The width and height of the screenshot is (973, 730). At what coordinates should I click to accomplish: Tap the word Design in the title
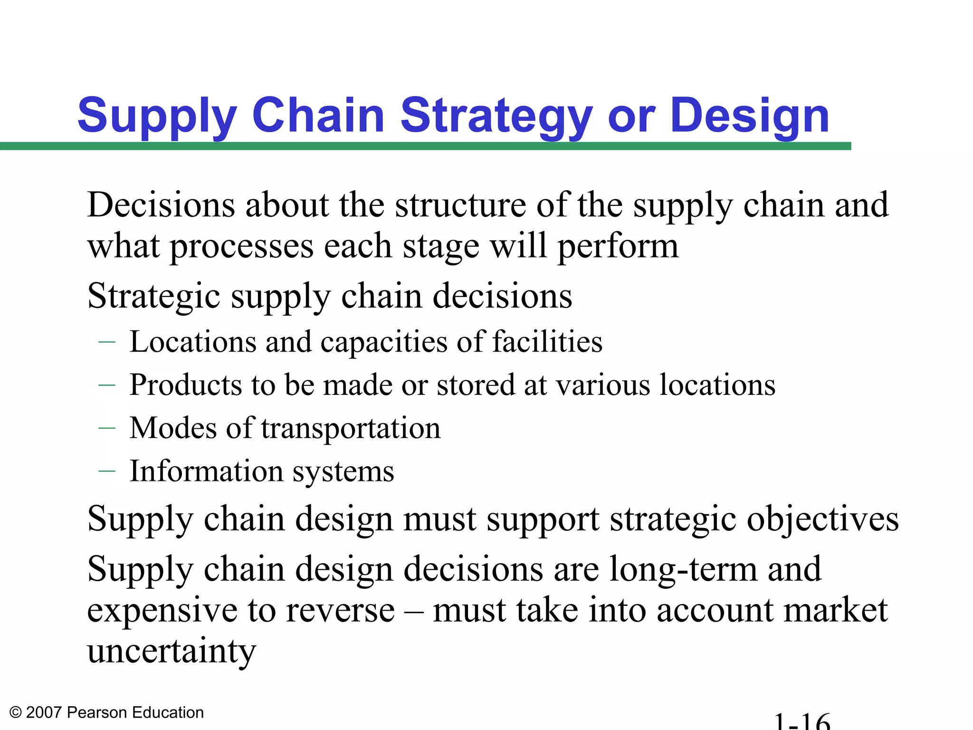(751, 115)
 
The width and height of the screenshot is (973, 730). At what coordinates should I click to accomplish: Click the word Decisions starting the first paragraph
(161, 205)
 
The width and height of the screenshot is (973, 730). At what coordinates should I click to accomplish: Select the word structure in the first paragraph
(460, 205)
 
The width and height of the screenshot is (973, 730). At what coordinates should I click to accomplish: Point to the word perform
(618, 247)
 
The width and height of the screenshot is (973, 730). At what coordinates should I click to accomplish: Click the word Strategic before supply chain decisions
(153, 297)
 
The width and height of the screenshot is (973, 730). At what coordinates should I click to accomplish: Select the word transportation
(351, 428)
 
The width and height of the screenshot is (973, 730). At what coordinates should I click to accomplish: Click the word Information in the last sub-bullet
(206, 471)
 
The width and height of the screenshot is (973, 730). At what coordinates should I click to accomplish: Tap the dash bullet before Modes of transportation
(107, 428)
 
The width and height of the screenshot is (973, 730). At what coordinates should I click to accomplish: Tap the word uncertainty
(172, 651)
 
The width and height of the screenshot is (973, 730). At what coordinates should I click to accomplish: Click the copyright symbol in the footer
(16, 712)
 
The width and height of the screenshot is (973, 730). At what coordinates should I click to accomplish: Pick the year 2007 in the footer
(44, 712)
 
